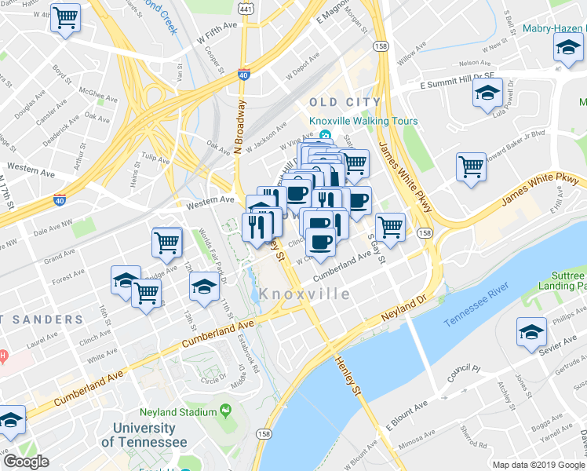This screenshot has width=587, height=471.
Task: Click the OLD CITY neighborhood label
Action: [345, 102]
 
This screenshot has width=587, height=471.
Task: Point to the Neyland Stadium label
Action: [177, 411]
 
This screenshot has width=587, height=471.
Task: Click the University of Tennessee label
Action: [144, 435]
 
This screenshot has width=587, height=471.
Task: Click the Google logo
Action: [26, 461]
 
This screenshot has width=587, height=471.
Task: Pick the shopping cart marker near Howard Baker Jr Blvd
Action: [471, 166]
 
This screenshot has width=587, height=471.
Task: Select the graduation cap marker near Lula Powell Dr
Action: [487, 93]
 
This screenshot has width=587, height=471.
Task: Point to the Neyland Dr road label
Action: [403, 305]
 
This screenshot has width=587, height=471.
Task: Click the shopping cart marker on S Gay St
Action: [390, 227]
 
